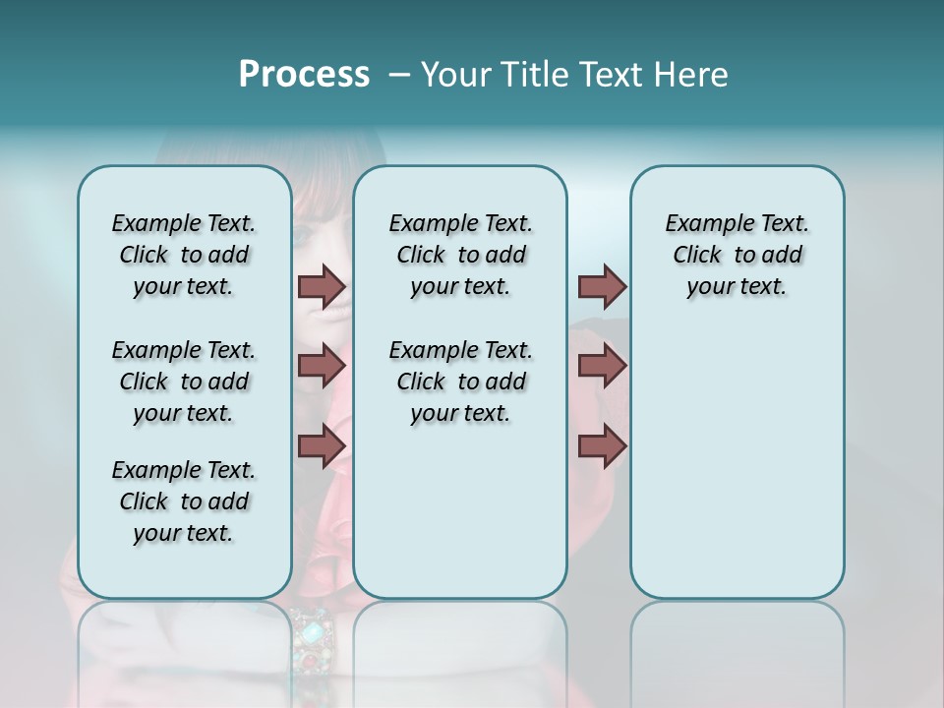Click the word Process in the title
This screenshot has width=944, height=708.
(x=304, y=75)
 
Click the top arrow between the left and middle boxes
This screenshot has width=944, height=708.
(x=322, y=286)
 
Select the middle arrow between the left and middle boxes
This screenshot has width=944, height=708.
(x=322, y=366)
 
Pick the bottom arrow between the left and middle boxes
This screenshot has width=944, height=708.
(x=322, y=445)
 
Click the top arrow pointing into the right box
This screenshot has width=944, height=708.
(x=602, y=286)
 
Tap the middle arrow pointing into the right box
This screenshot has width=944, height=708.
(x=602, y=366)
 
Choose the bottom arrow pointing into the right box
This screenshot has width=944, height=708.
(x=602, y=445)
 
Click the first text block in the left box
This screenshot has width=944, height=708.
(x=184, y=255)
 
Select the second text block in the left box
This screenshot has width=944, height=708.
(x=184, y=382)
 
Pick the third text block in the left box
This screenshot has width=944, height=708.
(x=184, y=501)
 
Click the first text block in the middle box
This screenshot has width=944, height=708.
(x=460, y=255)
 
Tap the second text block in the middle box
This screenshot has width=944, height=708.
(x=460, y=382)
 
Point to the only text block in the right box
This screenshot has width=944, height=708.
(x=737, y=255)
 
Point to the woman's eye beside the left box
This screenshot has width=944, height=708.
(x=301, y=236)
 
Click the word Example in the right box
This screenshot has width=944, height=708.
(x=705, y=224)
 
